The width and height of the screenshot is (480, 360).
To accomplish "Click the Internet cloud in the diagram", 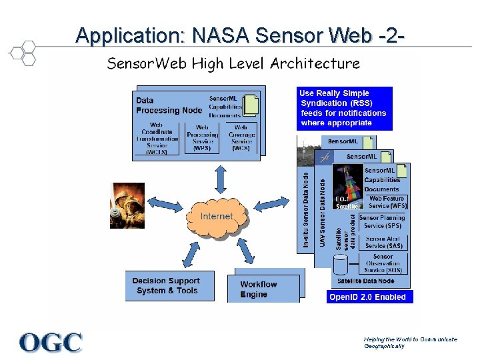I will click(217, 216).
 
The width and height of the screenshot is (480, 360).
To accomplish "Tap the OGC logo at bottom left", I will click(51, 343).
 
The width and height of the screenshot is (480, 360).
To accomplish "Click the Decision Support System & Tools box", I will click(166, 285).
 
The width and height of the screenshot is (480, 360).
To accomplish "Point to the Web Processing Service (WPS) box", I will click(203, 138).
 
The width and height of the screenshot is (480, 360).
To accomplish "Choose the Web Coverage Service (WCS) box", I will click(241, 138).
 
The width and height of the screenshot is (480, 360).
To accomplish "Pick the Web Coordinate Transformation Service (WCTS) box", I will click(157, 138).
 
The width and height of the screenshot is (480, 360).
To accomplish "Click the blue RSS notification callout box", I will click(344, 108).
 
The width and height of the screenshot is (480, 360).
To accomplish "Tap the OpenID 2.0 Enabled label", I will click(367, 297).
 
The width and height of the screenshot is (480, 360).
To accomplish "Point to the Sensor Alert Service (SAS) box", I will click(383, 242).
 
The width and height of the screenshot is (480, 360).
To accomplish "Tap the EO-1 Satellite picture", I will click(348, 187).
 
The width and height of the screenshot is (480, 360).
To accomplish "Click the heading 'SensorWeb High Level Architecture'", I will click(233, 64).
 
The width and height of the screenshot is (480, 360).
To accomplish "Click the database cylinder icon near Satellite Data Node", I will click(341, 265).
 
